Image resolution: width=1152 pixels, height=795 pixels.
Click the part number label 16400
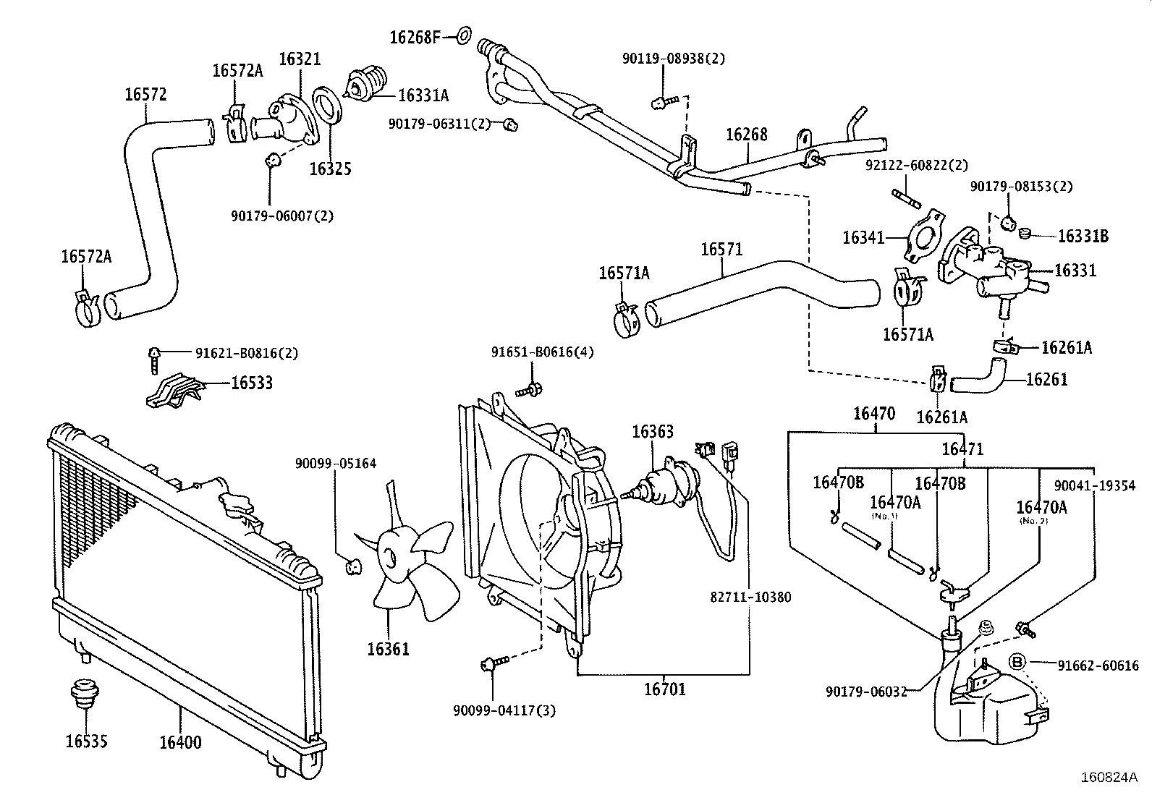[x=180, y=742]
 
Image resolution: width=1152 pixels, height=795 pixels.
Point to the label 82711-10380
[x=750, y=598]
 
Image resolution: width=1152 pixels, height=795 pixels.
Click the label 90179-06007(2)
[x=282, y=216]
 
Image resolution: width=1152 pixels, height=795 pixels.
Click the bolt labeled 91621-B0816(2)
[x=154, y=358]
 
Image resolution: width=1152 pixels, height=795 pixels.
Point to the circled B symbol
[x=1017, y=663]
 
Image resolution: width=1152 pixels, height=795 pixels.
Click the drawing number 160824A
[x=1109, y=778]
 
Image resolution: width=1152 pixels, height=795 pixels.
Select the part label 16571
[x=721, y=250]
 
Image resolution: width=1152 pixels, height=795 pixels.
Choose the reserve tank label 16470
[x=873, y=414]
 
